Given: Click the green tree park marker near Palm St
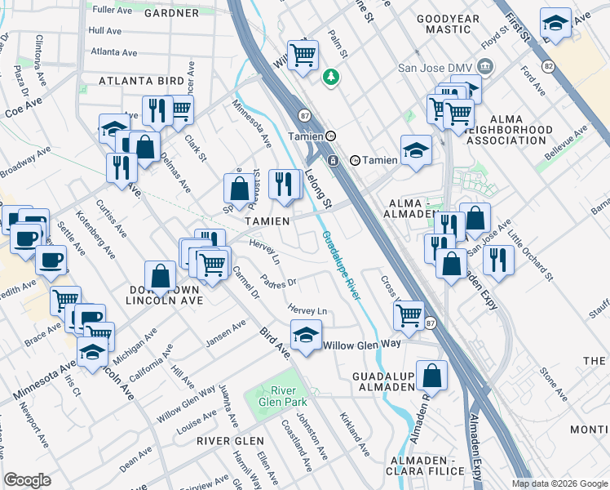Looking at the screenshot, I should [331, 78].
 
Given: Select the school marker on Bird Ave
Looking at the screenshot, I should [306, 336].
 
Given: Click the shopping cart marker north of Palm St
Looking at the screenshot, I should [303, 56].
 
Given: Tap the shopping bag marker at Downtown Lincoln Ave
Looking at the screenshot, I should [161, 276].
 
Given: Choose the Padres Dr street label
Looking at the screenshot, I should [279, 282].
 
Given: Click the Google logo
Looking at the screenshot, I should [28, 480].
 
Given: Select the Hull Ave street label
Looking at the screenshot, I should [104, 30].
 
